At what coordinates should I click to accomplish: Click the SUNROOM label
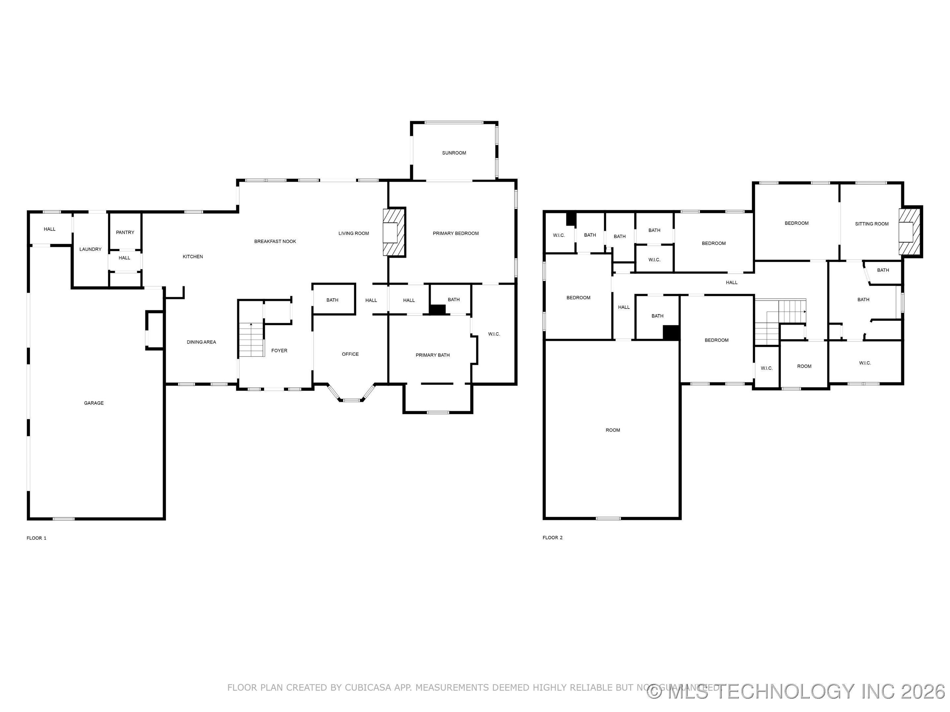point(454,153)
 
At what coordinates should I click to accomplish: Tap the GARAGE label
point(94,403)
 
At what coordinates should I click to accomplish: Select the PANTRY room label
point(125,232)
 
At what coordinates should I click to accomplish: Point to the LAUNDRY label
point(90,249)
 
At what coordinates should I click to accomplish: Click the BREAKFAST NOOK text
point(275,241)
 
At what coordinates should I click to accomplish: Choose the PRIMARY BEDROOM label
point(455,233)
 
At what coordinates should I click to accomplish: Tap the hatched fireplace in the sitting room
point(910,232)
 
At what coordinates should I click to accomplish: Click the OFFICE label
point(350,354)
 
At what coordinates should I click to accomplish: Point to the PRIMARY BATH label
point(432,355)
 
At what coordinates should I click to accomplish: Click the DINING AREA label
point(201,342)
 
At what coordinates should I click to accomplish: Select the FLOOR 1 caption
point(37,538)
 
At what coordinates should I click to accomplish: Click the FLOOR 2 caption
point(552,537)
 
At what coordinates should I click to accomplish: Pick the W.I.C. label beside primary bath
point(494,334)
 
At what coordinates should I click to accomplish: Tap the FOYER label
point(279,351)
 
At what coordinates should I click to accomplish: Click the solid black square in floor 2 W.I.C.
point(570,219)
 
